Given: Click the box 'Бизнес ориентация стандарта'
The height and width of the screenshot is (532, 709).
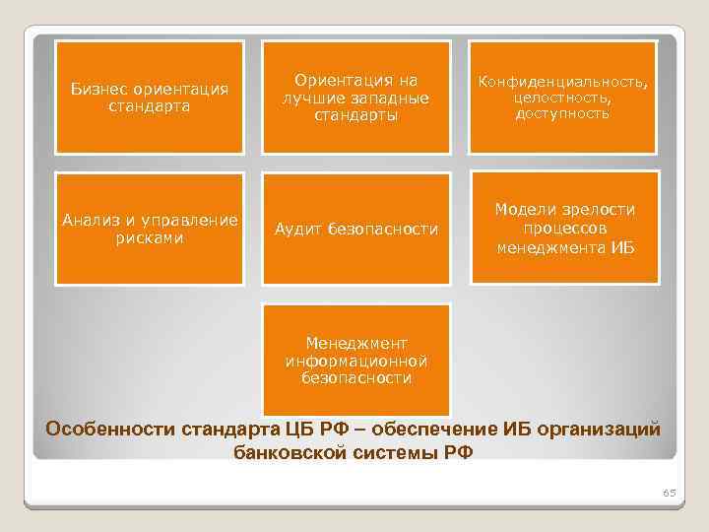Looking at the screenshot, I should tap(150, 97).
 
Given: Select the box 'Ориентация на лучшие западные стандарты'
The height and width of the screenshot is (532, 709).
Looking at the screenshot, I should tap(355, 97).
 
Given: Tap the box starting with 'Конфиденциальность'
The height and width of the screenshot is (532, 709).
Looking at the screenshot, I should tap(562, 97).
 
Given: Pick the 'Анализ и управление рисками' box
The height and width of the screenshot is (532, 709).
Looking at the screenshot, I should tap(150, 229).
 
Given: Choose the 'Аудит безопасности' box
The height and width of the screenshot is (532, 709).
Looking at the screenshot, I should tap(355, 229).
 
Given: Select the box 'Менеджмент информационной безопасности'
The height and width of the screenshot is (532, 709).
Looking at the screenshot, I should tap(355, 360).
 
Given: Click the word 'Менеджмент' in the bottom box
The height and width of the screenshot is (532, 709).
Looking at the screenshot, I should tap(355, 343).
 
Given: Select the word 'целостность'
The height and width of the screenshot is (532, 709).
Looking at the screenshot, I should tap(562, 99).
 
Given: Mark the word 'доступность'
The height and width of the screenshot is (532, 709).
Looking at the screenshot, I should tap(562, 113).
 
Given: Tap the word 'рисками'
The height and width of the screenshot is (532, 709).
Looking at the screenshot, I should tap(150, 237).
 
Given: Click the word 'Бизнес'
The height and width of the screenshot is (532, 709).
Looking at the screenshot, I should tap(101, 90).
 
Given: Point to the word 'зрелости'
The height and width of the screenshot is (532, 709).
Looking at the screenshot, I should tap(599, 210).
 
